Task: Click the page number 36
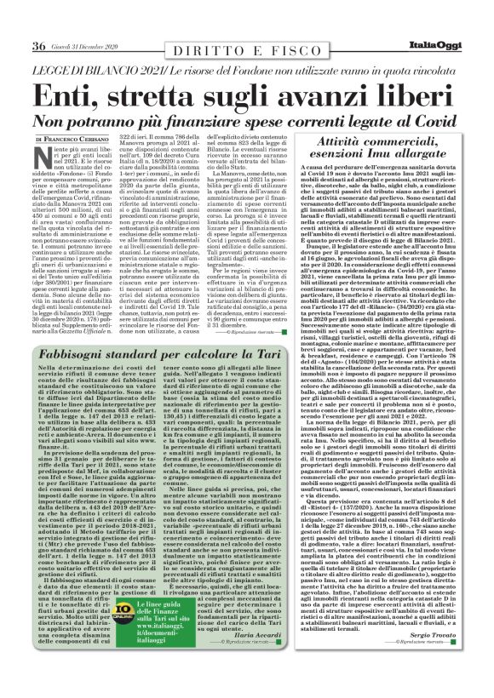point(38,44)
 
